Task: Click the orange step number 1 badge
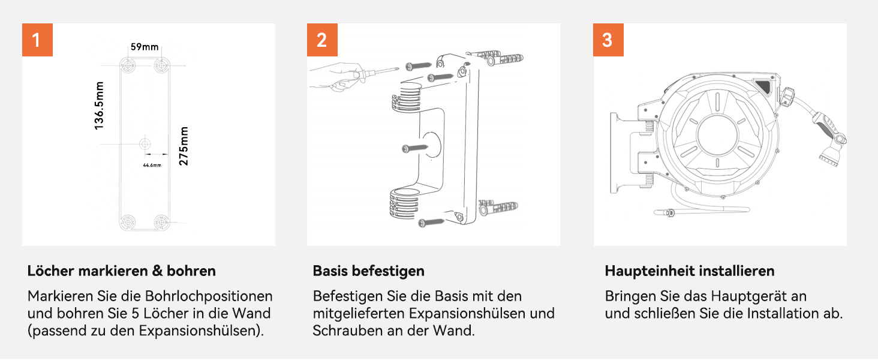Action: click(37, 40)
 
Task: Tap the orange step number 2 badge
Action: click(322, 40)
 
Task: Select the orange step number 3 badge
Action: click(608, 40)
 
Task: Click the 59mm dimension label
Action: click(145, 47)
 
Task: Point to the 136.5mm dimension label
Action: click(99, 106)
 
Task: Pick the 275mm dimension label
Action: click(184, 146)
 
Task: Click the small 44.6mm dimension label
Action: click(152, 165)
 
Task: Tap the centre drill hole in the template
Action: click(145, 145)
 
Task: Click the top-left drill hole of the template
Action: click(128, 65)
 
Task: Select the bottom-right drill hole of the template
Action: click(161, 223)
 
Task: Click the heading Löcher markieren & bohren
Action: click(122, 271)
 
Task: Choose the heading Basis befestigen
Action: click(368, 271)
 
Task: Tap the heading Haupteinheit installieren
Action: click(690, 271)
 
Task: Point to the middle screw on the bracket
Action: click(414, 148)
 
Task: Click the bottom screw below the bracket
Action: click(431, 223)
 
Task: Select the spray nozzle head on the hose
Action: click(830, 152)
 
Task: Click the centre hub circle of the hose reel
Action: click(717, 135)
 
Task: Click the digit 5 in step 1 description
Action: click(135, 314)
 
